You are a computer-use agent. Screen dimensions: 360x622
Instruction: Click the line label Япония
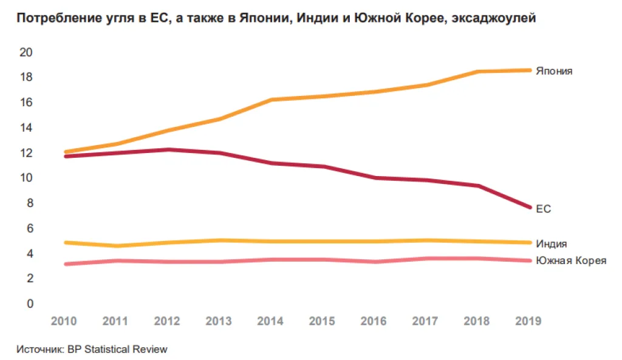tap(554, 71)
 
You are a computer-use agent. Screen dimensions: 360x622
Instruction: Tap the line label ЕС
tap(543, 209)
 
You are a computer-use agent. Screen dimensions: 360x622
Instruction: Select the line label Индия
tap(552, 244)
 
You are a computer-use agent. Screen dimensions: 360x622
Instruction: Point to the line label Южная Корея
tap(571, 260)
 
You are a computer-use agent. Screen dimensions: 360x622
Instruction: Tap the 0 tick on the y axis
tap(29, 304)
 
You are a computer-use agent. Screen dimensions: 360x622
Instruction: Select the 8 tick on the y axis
tap(29, 203)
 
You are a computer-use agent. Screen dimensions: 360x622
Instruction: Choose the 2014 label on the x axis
tap(271, 321)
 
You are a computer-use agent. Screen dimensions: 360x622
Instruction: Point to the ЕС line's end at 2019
tap(530, 207)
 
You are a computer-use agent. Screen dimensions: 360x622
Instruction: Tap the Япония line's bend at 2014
tap(271, 100)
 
